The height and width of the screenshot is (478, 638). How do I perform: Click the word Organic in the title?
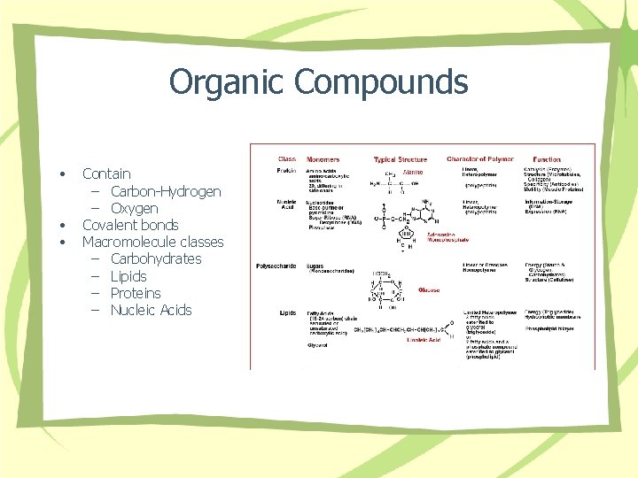pyautogui.click(x=227, y=81)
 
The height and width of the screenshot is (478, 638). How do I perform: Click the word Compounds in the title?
pyautogui.click(x=381, y=81)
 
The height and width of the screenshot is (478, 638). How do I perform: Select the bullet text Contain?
pyautogui.click(x=106, y=173)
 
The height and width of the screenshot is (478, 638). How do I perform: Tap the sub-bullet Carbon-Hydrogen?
pyautogui.click(x=166, y=191)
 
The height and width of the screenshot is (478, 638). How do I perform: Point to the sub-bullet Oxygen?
pyautogui.click(x=134, y=208)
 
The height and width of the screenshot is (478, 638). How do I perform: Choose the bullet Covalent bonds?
pyautogui.click(x=130, y=225)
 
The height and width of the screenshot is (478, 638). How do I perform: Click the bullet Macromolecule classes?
pyautogui.click(x=152, y=242)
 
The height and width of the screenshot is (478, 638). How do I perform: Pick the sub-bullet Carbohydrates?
pyautogui.click(x=156, y=258)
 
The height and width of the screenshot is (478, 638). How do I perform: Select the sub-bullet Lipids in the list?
pyautogui.click(x=128, y=276)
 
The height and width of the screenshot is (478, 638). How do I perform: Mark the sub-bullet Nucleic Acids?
pyautogui.click(x=151, y=310)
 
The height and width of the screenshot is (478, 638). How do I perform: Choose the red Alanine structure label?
pyautogui.click(x=412, y=173)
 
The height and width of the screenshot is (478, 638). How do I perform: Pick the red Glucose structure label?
pyautogui.click(x=428, y=289)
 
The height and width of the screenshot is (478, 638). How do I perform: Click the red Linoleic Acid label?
pyautogui.click(x=424, y=340)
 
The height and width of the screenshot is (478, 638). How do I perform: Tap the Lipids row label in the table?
pyautogui.click(x=287, y=312)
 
